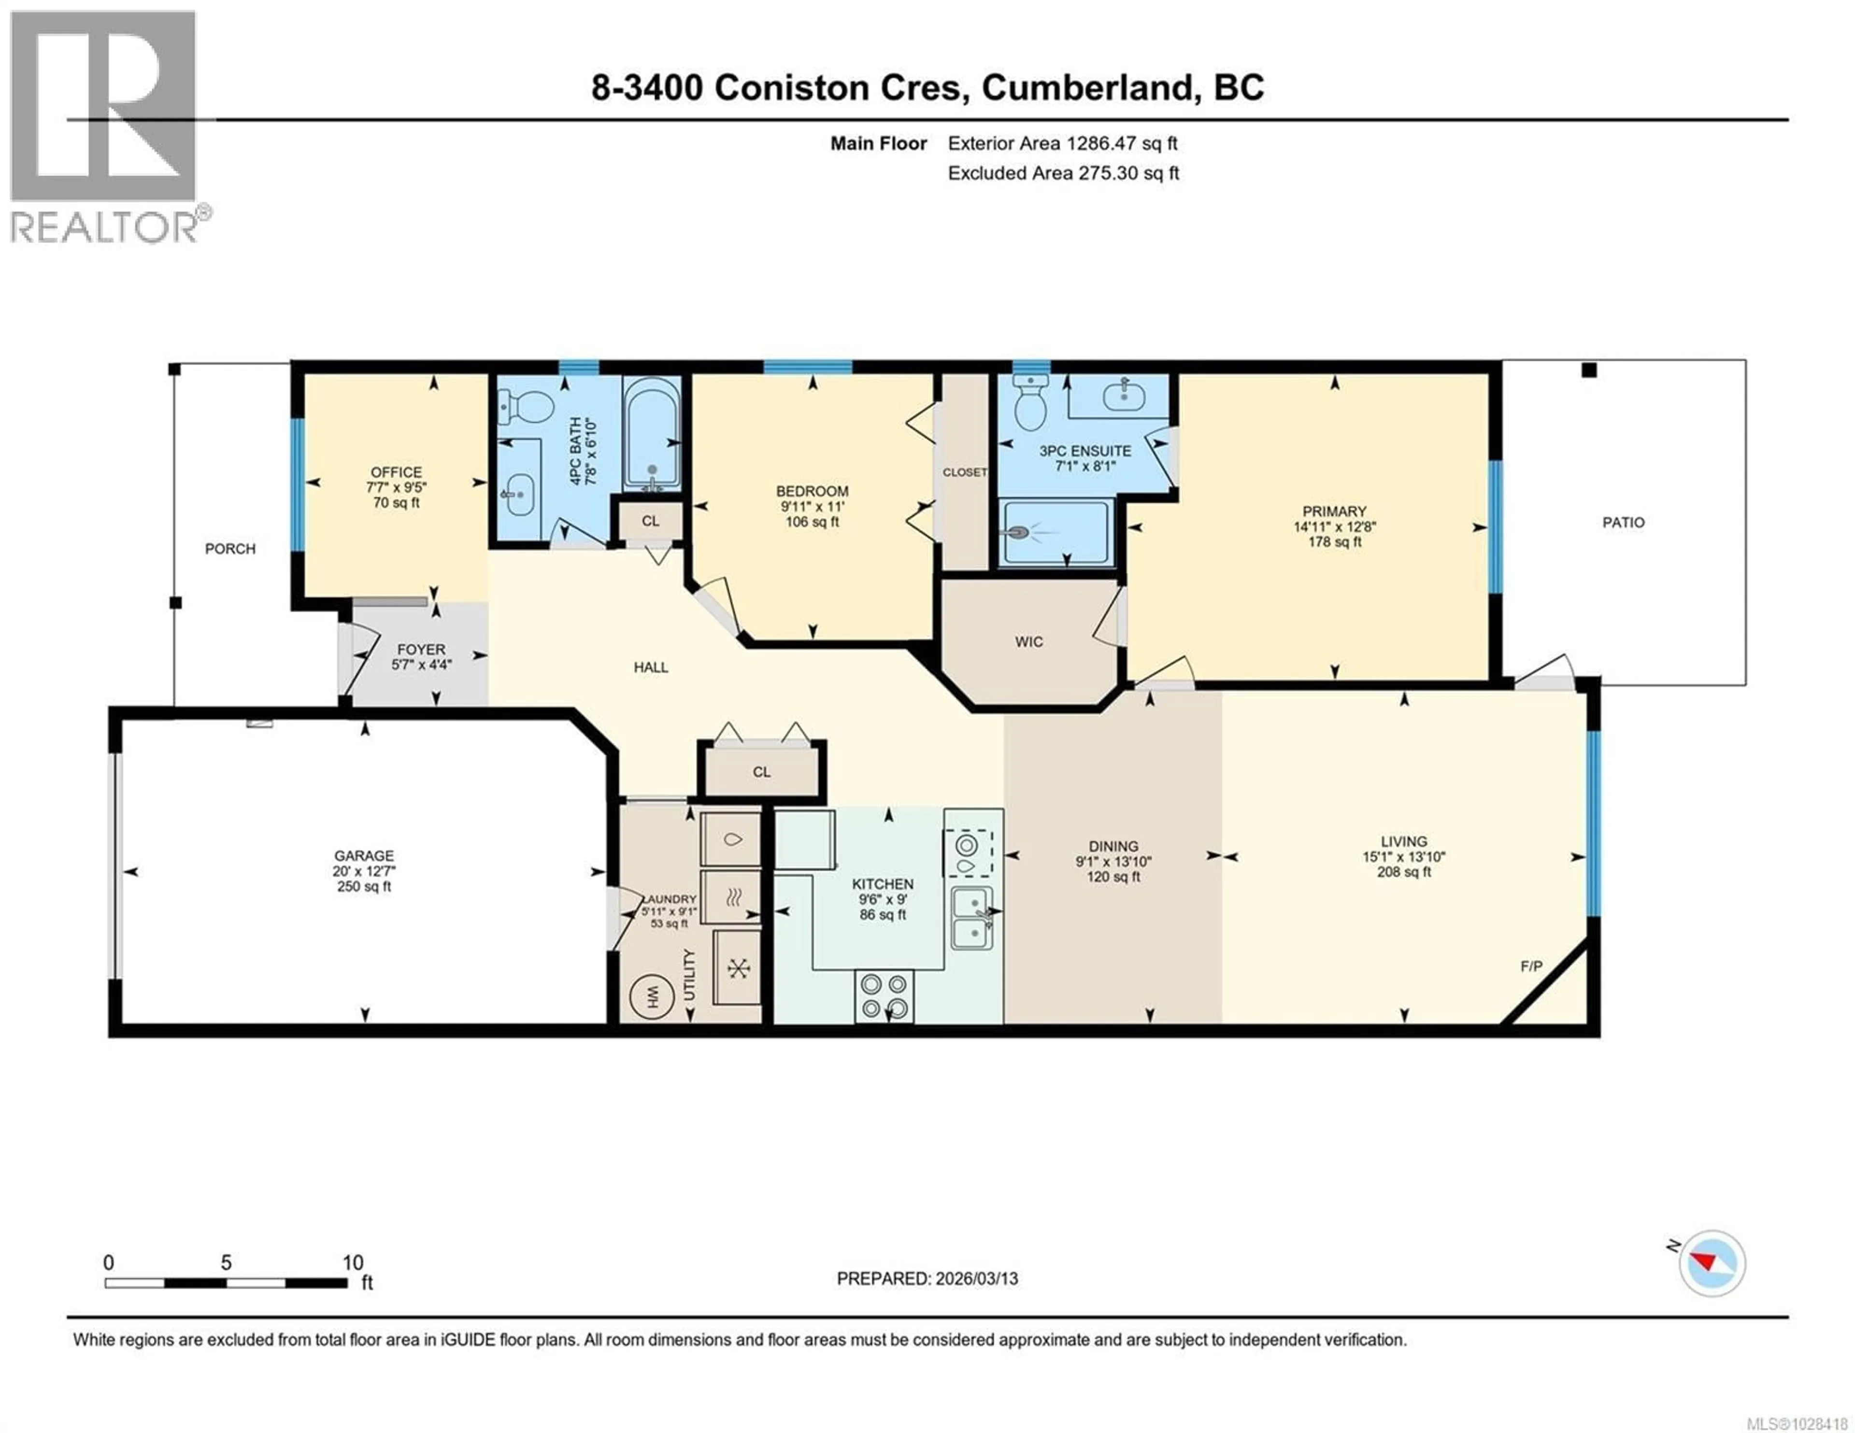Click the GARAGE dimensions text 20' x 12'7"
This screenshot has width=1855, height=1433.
(364, 871)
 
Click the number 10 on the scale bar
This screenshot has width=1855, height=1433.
(353, 1262)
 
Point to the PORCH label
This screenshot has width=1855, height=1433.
(230, 549)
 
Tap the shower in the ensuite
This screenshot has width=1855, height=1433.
(1056, 533)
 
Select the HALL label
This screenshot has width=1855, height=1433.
(651, 667)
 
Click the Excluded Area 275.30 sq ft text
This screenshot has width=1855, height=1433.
(1063, 173)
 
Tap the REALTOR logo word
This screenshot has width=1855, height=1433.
(104, 227)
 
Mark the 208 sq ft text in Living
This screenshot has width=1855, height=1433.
(1403, 871)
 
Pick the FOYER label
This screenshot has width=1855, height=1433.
(420, 649)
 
